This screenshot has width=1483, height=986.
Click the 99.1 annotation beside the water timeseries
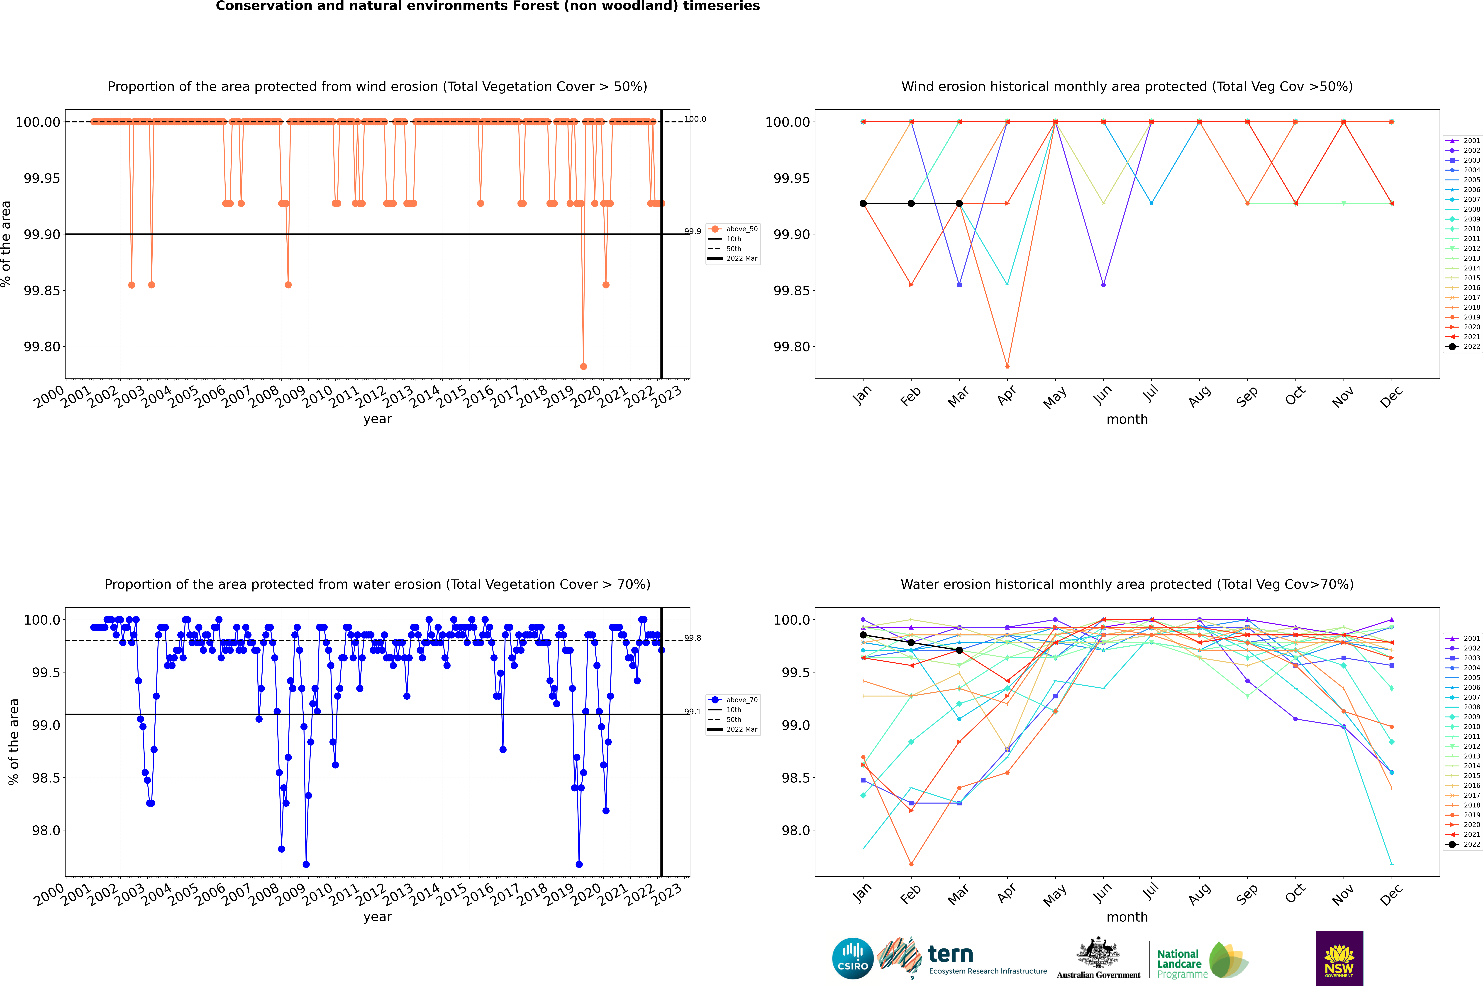coord(692,712)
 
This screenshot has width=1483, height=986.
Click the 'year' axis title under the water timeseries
coord(377,917)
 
